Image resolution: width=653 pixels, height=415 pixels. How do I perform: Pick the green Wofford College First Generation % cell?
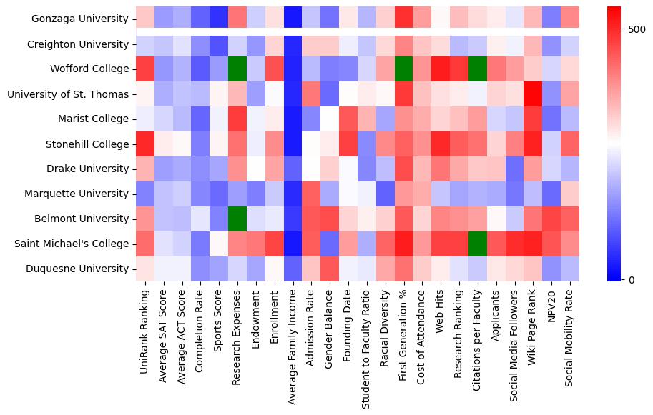coord(404,69)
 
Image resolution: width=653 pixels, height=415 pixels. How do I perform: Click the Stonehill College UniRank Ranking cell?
coord(144,144)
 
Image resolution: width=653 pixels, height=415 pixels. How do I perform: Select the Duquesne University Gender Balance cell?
coord(330,269)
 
